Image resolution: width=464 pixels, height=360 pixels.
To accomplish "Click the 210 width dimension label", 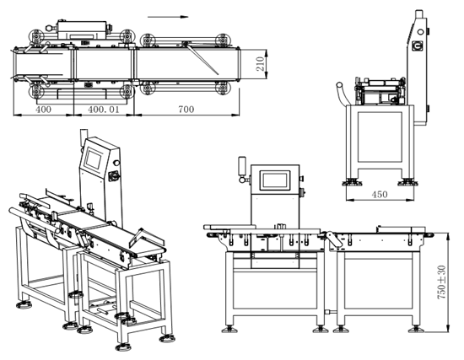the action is click(x=260, y=63).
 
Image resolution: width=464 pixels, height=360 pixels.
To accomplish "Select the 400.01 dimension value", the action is click(x=104, y=110).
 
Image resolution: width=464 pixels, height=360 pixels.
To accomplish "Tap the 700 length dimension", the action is click(x=186, y=110).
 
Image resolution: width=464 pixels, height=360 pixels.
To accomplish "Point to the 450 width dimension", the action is click(x=380, y=195).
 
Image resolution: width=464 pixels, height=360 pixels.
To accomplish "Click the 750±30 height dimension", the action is click(x=441, y=282).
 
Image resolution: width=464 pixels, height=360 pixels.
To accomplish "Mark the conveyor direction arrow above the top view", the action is click(x=168, y=17).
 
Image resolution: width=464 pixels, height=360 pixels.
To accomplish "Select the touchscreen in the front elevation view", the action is click(x=275, y=180).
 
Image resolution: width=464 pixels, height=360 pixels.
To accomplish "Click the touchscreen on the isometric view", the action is click(x=94, y=159).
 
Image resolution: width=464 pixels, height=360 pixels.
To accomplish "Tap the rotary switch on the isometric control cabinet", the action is click(x=114, y=176).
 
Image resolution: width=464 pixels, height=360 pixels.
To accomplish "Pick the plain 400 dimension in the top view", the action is click(x=44, y=110).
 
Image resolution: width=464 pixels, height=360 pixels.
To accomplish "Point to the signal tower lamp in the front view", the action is click(x=242, y=165).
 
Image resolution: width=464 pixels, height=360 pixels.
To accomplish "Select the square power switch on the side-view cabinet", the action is click(x=417, y=46).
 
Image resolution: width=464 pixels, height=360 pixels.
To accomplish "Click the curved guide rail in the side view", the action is click(x=341, y=93).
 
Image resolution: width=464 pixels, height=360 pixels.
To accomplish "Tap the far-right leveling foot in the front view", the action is click(x=417, y=329).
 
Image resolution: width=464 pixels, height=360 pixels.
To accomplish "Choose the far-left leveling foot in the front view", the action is click(x=229, y=329).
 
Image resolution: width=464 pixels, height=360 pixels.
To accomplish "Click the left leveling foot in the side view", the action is click(x=352, y=182).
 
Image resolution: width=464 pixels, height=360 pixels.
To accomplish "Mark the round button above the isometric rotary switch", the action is click(x=116, y=163).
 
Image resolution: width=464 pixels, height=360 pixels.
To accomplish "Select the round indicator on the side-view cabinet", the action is click(x=420, y=31).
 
